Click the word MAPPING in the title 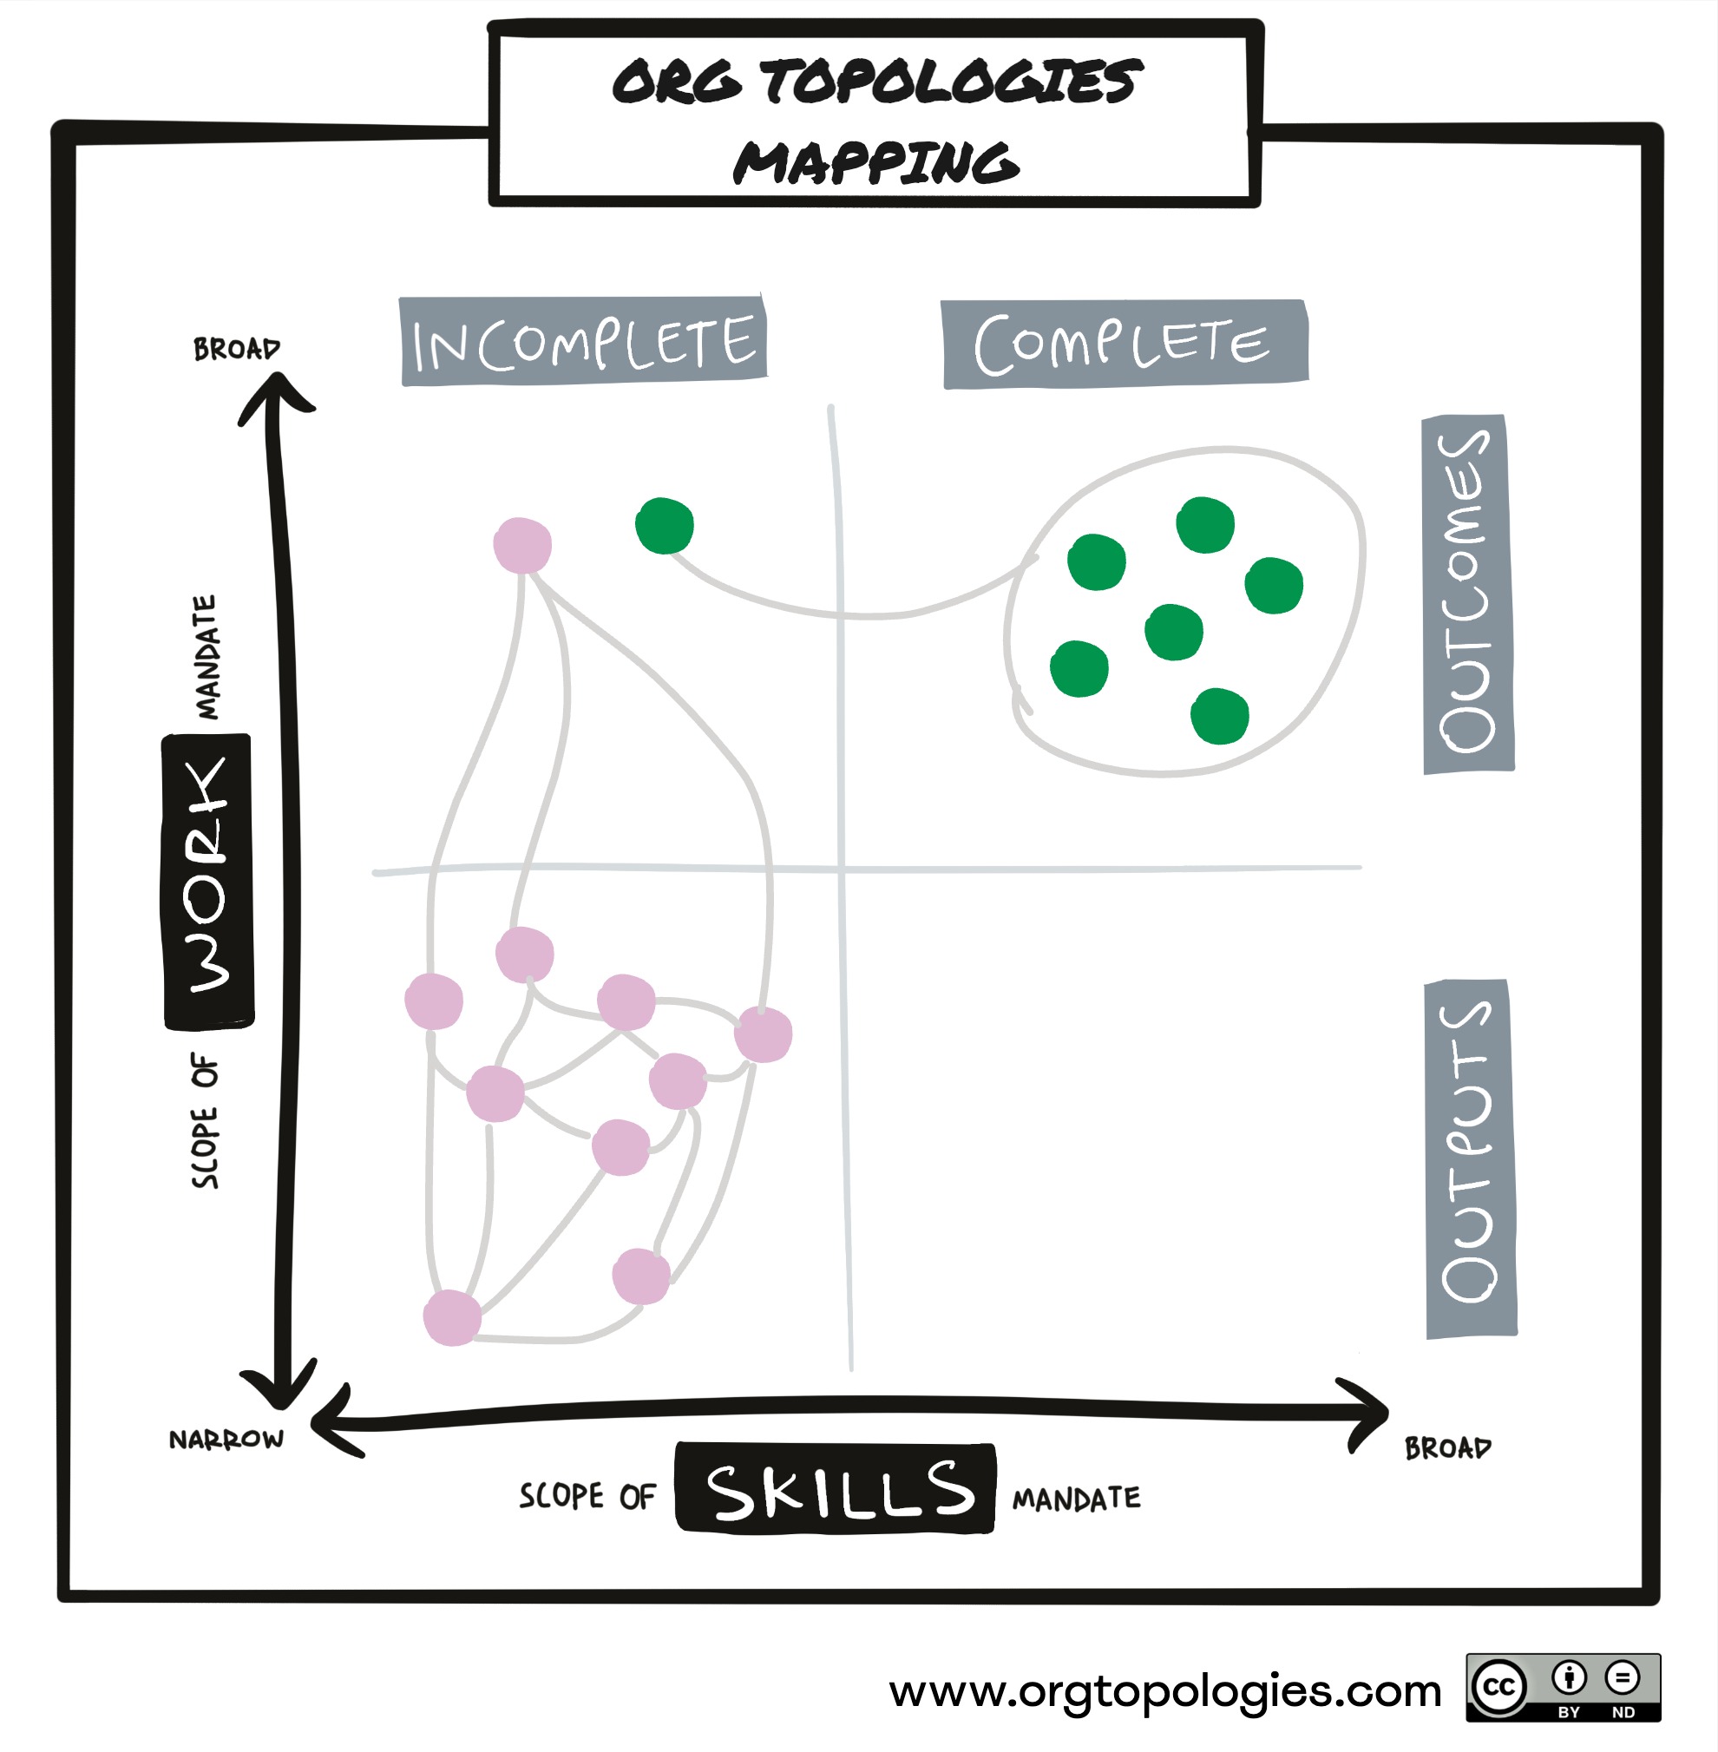coord(875,163)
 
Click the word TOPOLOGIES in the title coord(951,82)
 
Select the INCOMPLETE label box coord(583,342)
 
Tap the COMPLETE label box coord(1125,344)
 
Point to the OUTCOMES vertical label coord(1467,594)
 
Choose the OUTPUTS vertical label coord(1470,1158)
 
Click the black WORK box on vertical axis coord(208,882)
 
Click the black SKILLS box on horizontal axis coord(836,1488)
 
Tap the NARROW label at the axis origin coord(226,1439)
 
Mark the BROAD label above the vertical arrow coord(236,349)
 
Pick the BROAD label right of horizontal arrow coord(1447,1448)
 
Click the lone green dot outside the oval coord(664,526)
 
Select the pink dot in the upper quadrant coord(522,545)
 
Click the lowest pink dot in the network coord(452,1318)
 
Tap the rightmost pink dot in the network coord(764,1034)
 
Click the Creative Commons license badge coord(1562,1687)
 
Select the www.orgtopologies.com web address coord(1165,1690)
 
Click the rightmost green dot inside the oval coord(1273,586)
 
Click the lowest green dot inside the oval coord(1220,716)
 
